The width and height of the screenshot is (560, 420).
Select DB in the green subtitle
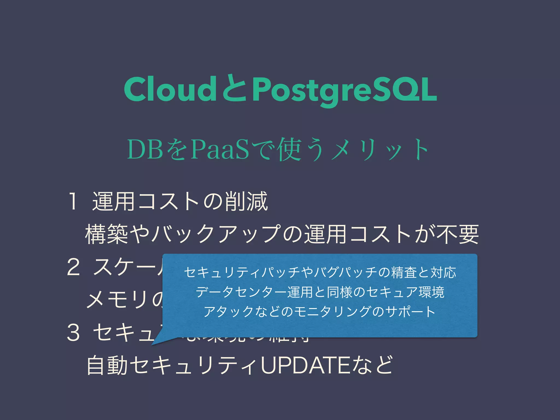point(145,150)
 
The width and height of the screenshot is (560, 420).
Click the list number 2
point(73,267)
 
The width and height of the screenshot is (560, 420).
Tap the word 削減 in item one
point(246,202)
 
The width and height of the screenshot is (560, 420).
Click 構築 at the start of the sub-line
point(107,234)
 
